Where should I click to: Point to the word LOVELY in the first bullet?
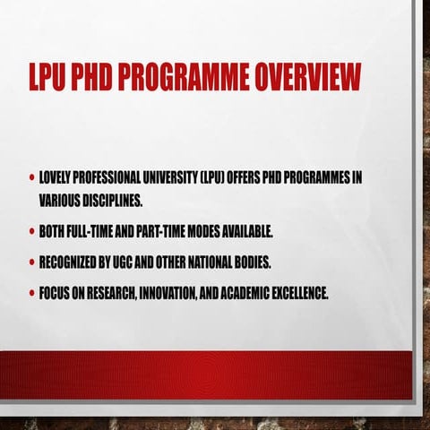pos(56,176)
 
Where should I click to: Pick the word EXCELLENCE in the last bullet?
pos(297,293)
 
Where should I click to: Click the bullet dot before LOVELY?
pos(31,176)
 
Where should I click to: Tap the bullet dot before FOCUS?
pos(31,293)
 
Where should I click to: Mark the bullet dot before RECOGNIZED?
pos(31,262)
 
